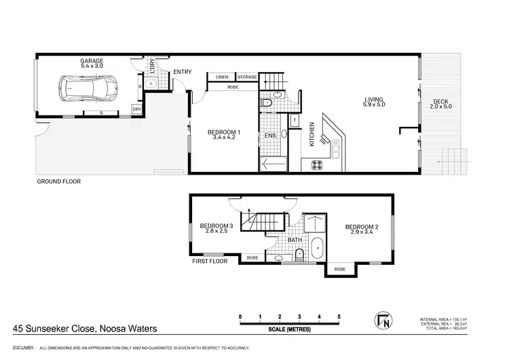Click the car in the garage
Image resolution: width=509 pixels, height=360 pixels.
click(88, 88)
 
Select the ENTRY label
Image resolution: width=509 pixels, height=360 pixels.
click(182, 71)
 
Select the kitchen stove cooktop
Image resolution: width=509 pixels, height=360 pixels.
click(318, 164)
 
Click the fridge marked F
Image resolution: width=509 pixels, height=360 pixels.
click(295, 122)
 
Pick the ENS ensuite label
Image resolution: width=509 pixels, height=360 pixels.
click(270, 136)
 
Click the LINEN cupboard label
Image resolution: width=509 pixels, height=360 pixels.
click(222, 77)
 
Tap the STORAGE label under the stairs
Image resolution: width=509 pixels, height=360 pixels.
click(247, 77)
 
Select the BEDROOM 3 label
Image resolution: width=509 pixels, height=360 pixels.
click(216, 226)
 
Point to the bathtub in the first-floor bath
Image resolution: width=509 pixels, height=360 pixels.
click(317, 250)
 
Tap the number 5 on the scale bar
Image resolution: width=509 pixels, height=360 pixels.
click(338, 317)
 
